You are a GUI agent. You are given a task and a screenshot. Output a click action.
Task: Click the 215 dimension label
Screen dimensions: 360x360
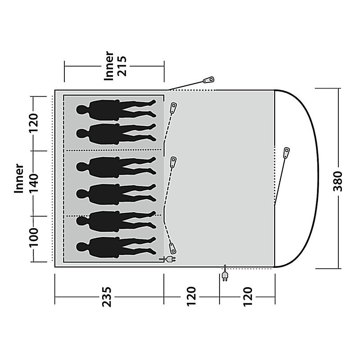click(122, 66)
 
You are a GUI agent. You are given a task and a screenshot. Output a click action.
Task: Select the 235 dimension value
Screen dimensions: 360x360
click(107, 297)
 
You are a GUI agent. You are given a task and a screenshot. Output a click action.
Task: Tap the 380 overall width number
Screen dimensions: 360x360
click(338, 181)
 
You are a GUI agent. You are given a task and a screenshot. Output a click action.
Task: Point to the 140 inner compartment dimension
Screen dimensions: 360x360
click(33, 184)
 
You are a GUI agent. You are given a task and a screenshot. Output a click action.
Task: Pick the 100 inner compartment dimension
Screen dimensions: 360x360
click(33, 238)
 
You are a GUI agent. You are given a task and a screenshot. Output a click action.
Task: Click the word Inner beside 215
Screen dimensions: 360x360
click(109, 66)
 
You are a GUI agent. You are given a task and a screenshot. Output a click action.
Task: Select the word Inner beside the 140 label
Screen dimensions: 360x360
click(19, 178)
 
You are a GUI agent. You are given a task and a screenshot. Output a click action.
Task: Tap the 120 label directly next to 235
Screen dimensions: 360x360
click(191, 297)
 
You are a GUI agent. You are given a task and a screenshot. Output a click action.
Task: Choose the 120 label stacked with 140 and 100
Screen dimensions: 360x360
click(33, 123)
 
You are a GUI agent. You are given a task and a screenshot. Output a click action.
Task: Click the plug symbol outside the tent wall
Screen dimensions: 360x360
click(225, 273)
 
